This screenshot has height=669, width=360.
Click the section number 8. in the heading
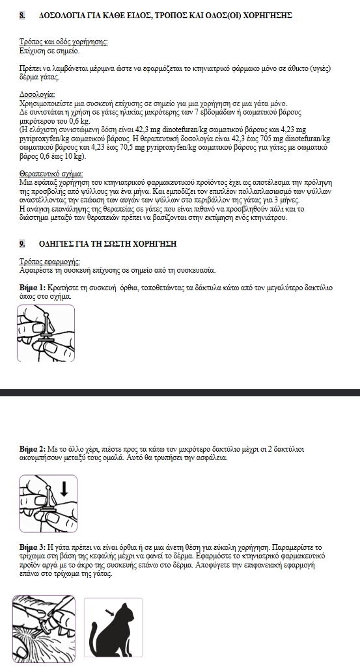click(x=22, y=16)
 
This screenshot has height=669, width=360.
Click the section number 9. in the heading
click(x=22, y=244)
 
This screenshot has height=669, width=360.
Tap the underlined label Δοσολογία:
click(x=37, y=95)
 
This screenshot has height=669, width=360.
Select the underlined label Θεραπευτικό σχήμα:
click(x=51, y=174)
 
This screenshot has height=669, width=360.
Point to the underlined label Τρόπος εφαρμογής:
click(x=49, y=262)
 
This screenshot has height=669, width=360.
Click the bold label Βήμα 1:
click(x=33, y=288)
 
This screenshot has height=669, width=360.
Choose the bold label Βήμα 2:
click(x=33, y=449)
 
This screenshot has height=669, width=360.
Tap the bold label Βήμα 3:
click(x=33, y=547)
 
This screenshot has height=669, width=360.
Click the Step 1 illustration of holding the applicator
click(x=46, y=333)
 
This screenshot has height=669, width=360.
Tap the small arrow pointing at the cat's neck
click(x=110, y=614)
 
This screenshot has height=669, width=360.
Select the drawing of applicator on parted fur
click(x=44, y=629)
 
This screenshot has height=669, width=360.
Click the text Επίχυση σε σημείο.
click(x=49, y=51)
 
